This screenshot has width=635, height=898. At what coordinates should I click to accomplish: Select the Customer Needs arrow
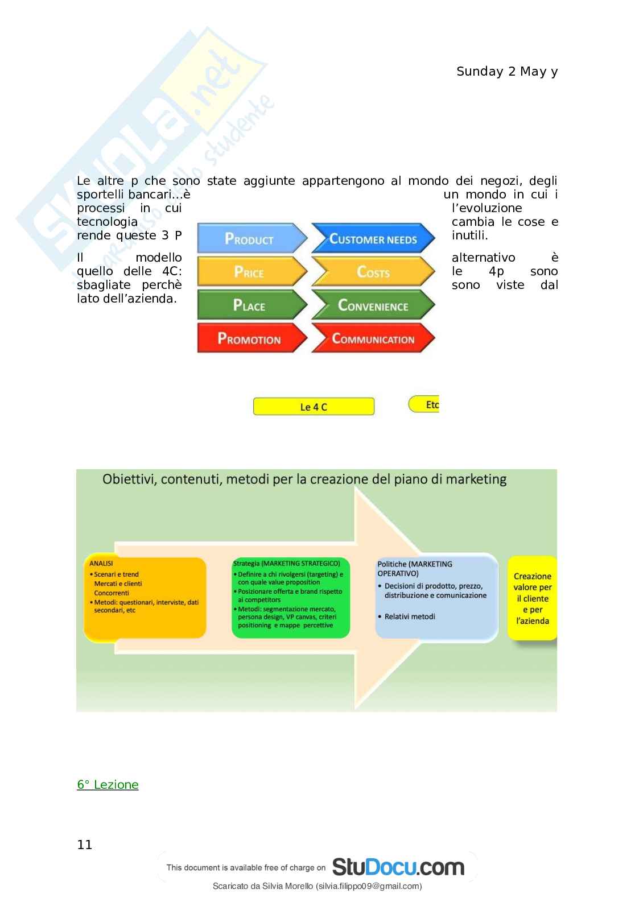(x=373, y=239)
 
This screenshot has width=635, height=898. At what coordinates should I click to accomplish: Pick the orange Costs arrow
(x=373, y=272)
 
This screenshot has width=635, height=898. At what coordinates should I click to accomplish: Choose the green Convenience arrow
(x=373, y=305)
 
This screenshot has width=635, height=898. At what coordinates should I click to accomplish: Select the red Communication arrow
(x=373, y=339)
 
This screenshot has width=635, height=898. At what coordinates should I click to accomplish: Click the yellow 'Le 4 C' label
(x=314, y=407)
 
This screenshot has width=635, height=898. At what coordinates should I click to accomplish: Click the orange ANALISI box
(x=145, y=598)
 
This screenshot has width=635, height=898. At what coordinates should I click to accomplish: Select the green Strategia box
(x=291, y=597)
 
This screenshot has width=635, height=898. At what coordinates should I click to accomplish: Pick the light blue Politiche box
(x=436, y=597)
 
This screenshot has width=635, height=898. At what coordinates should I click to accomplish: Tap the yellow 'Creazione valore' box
(x=532, y=598)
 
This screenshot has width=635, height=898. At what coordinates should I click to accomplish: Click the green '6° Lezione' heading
(x=108, y=785)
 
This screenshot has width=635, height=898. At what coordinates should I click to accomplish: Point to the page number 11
(x=85, y=845)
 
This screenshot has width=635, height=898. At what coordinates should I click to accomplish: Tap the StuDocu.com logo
(x=398, y=867)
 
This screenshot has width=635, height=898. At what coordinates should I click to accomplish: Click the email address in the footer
(x=369, y=886)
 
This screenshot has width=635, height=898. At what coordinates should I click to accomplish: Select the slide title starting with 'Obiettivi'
(x=304, y=479)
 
